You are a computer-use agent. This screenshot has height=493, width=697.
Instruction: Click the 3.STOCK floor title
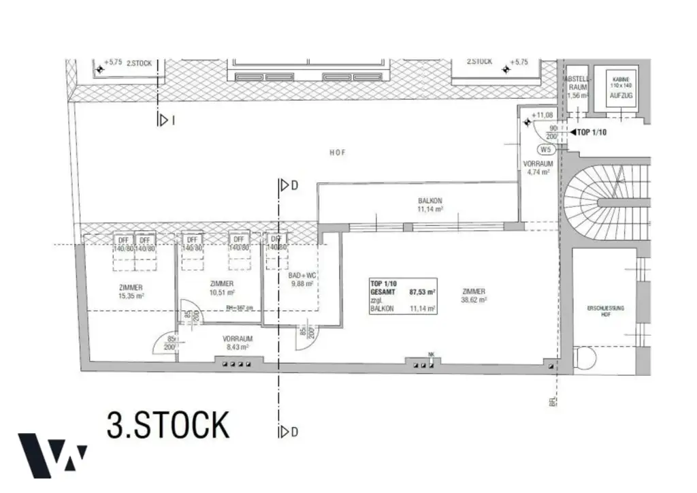coord(168,425)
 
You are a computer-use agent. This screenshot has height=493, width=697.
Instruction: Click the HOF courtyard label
coord(338,153)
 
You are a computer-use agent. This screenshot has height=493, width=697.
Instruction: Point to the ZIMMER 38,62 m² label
coord(472,296)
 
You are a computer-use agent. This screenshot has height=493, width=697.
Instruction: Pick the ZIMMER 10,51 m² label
coord(222,288)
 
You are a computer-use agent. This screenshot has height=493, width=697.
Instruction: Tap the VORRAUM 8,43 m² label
coord(238,343)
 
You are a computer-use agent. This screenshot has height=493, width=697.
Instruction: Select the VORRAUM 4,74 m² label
coord(538,168)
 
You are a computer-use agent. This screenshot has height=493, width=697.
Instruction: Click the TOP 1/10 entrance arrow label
coord(589,132)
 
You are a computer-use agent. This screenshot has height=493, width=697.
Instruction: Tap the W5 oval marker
coord(545,149)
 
